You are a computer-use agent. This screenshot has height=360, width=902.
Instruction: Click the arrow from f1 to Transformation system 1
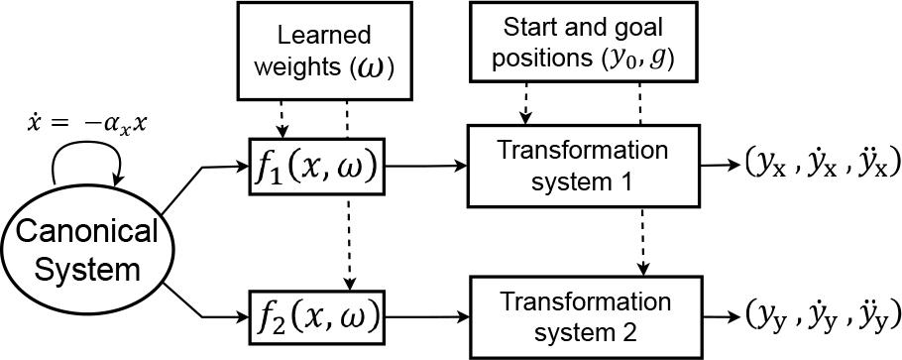point(425,167)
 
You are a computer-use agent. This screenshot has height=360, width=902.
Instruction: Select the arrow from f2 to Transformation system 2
point(426,316)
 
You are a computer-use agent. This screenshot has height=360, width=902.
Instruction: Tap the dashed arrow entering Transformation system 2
point(643,241)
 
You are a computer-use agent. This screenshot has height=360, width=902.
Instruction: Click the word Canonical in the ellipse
point(87,233)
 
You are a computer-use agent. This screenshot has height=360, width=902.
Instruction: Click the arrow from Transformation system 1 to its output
point(719,166)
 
